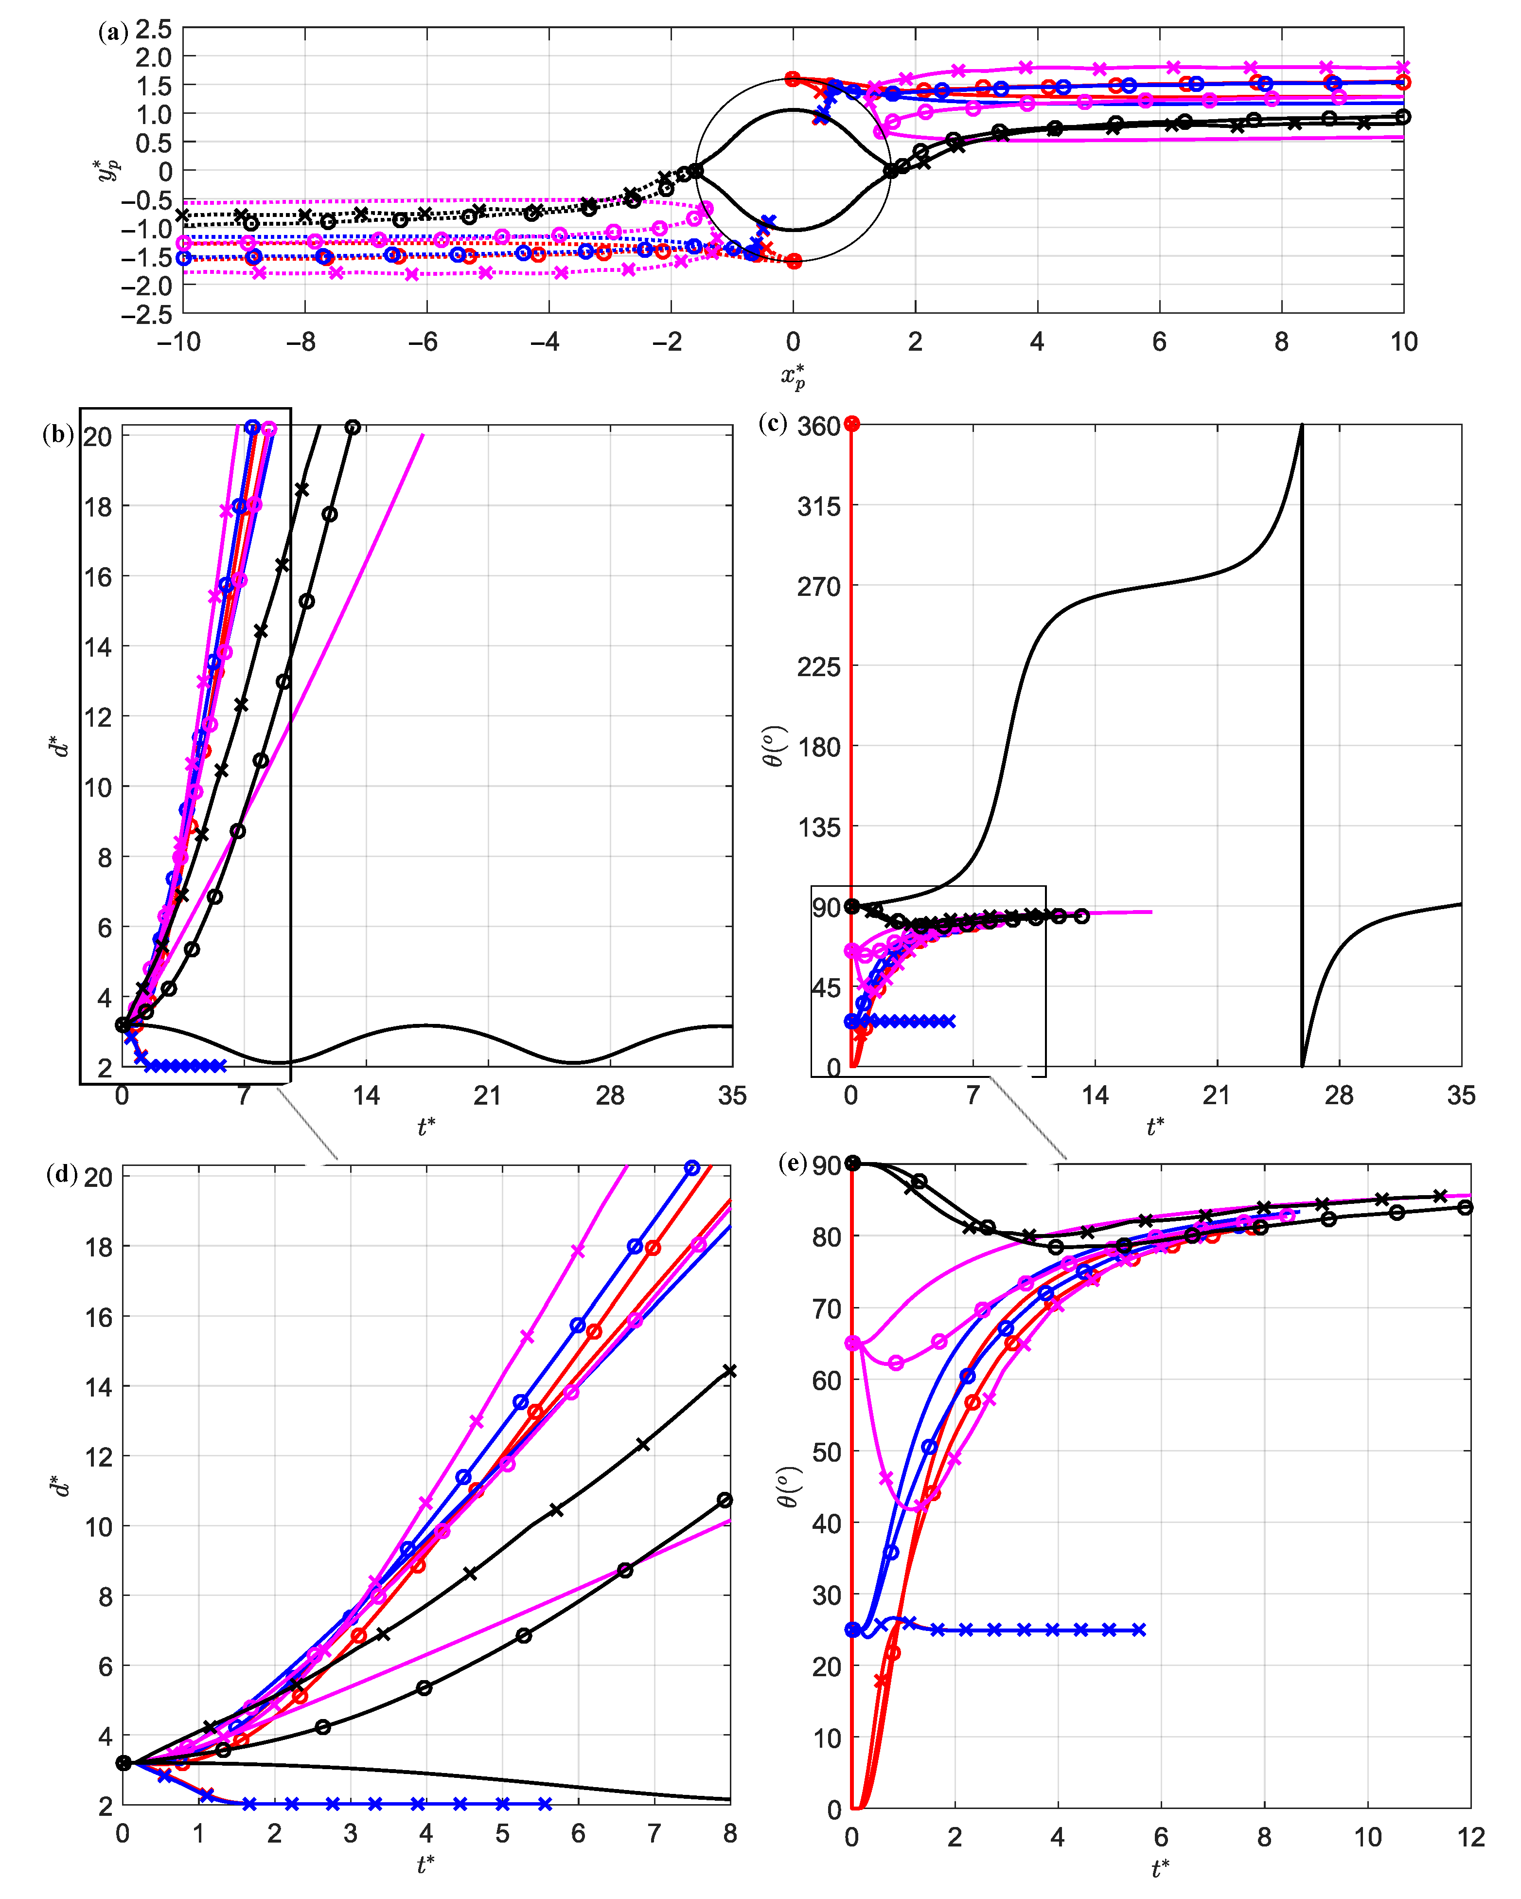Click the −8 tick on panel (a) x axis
(x=301, y=342)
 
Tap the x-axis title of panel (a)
(x=793, y=376)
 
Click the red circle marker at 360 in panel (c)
(x=851, y=424)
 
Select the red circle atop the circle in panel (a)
(x=793, y=78)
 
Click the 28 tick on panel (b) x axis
(x=609, y=1096)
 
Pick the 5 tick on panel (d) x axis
(x=502, y=1834)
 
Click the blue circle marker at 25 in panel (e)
(x=852, y=1630)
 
